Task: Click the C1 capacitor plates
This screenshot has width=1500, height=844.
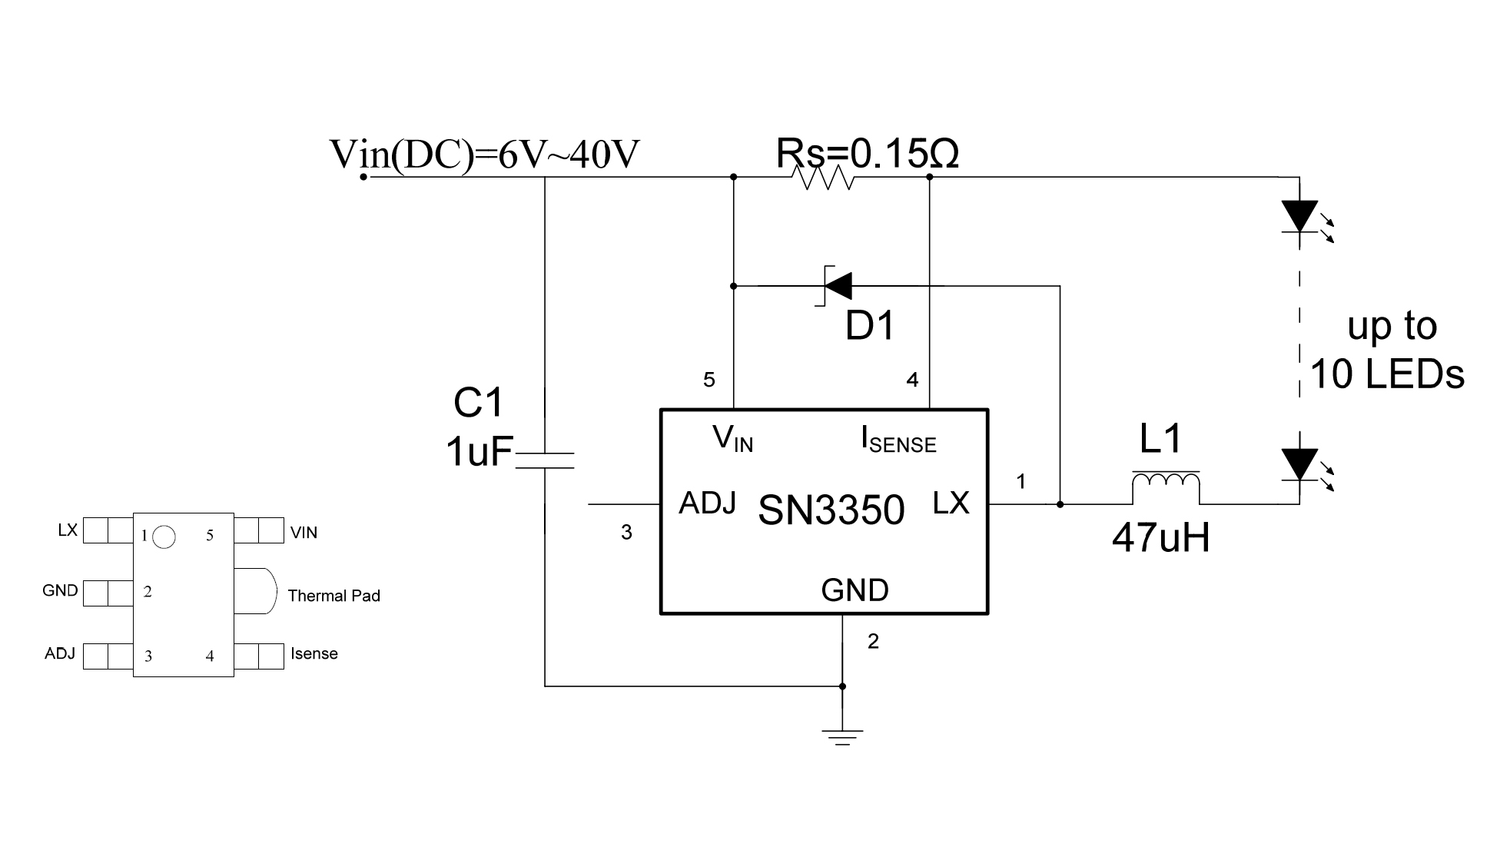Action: click(x=544, y=460)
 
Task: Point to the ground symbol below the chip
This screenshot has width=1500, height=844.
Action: click(x=843, y=736)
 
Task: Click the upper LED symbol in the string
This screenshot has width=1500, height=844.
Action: click(x=1300, y=217)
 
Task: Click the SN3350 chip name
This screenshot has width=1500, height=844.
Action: click(x=831, y=510)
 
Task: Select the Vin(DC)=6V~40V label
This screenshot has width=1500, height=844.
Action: click(x=484, y=155)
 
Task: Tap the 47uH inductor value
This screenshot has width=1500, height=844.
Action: click(x=1160, y=538)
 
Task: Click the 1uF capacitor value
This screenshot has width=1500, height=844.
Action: click(x=478, y=452)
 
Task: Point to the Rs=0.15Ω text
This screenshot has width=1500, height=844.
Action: click(x=867, y=154)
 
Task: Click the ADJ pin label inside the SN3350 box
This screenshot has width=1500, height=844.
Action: click(x=707, y=503)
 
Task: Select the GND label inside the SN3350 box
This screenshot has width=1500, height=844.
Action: click(x=855, y=590)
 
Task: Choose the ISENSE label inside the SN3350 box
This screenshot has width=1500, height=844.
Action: click(x=898, y=440)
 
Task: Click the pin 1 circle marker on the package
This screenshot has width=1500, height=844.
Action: click(x=164, y=537)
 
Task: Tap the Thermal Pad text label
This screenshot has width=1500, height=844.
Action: click(x=334, y=596)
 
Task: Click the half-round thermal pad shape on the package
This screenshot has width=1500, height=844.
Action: click(x=255, y=591)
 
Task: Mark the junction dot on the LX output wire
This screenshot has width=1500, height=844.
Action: click(x=1060, y=504)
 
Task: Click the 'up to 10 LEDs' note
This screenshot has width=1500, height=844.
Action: click(x=1388, y=351)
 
